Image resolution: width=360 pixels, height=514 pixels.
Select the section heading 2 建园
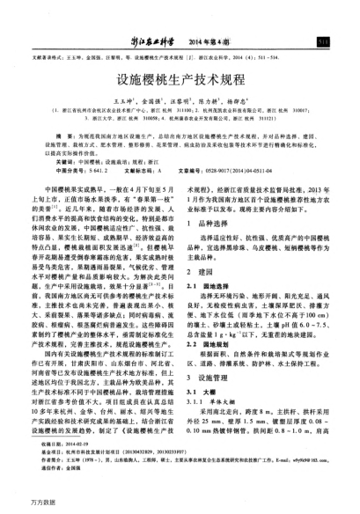point(202,276)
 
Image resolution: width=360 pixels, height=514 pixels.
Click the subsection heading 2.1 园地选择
point(209,290)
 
